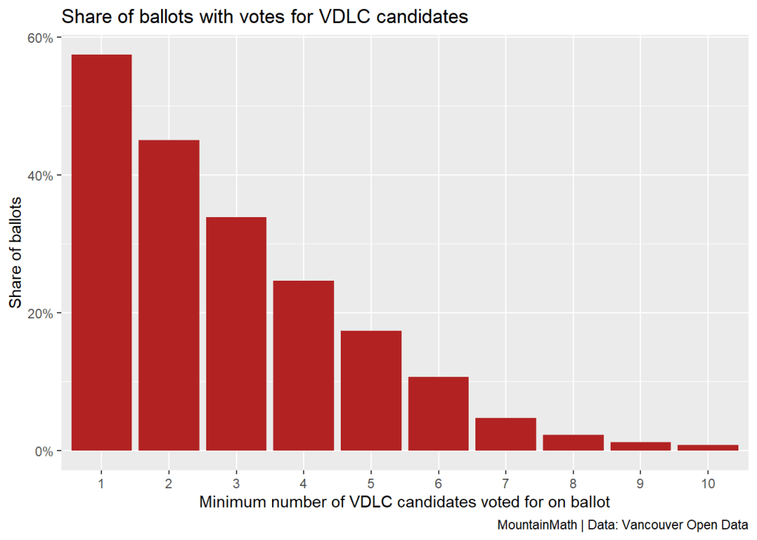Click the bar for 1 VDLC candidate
click(101, 252)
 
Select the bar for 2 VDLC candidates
click(169, 295)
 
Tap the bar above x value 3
click(236, 333)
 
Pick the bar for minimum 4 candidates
click(303, 365)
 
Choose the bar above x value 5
click(370, 390)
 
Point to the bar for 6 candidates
click(438, 413)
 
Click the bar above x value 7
click(505, 434)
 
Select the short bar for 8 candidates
click(572, 442)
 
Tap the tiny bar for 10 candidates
click(707, 448)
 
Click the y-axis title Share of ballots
click(16, 252)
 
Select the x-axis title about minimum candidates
click(404, 503)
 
